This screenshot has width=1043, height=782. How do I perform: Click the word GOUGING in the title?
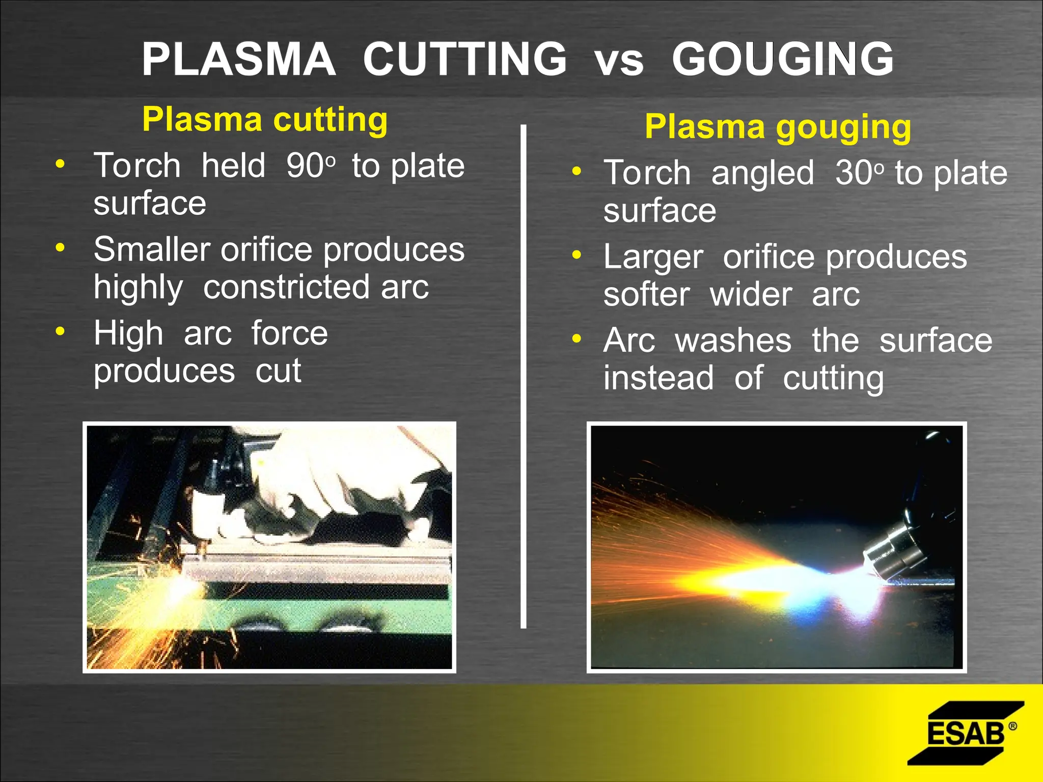point(782,60)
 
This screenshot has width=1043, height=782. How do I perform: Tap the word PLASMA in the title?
point(238,60)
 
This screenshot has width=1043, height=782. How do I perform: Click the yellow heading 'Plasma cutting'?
point(265,120)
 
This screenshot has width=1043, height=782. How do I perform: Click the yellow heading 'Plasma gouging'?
point(778,127)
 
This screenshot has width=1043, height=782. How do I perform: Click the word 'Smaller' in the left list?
point(152,249)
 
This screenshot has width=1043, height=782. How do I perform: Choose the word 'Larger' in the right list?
point(653,257)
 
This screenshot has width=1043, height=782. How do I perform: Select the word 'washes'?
point(733,341)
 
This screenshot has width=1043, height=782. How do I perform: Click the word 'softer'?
point(647,295)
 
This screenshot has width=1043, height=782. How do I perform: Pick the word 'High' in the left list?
point(128,333)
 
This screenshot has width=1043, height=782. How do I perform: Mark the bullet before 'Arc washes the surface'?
point(577,339)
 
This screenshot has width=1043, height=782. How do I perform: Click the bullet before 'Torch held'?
point(60,164)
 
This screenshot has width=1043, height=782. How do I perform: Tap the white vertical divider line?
point(523,377)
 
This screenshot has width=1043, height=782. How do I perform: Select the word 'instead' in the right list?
point(658,378)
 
